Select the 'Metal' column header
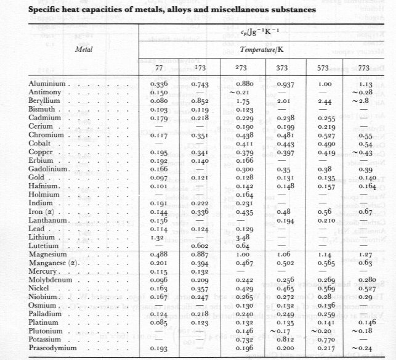click(x=83, y=46)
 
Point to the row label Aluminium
click(x=47, y=84)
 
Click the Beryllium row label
click(x=45, y=100)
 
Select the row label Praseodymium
click(x=51, y=350)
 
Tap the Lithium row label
click(x=42, y=236)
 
